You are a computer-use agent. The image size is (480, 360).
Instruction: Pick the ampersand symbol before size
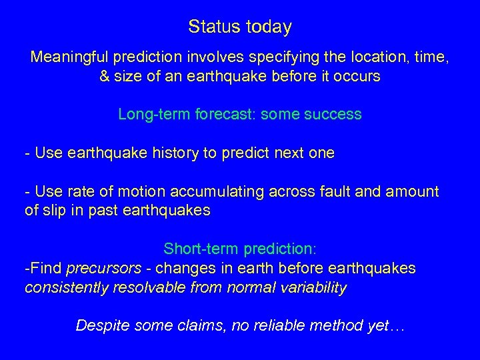coord(105,76)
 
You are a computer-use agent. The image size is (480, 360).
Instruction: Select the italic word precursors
coord(103,268)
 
